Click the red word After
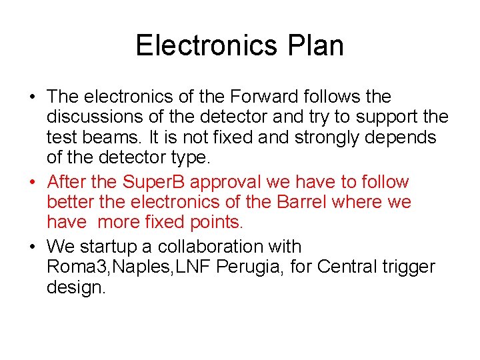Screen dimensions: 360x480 point(69,182)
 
